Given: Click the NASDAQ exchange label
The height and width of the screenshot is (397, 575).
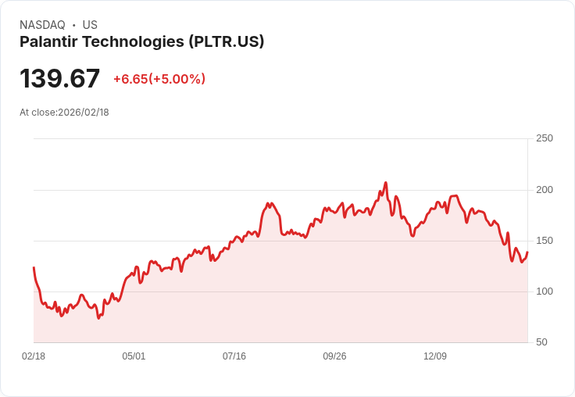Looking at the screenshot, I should tap(42, 25).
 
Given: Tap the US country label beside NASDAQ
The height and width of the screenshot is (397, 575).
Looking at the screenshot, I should tap(90, 25).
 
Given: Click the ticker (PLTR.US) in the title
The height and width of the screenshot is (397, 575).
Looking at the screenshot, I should tap(226, 41).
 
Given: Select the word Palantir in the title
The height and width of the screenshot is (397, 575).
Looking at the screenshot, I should tap(48, 41).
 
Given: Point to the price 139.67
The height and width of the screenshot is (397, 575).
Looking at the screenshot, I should tap(60, 79).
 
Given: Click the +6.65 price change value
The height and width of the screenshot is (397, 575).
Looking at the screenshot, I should tap(129, 79).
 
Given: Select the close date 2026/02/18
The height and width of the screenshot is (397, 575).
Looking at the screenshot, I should tap(84, 113).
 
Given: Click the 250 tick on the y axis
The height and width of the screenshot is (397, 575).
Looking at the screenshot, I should tap(545, 138).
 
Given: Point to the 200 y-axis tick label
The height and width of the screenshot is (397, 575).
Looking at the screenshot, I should tap(545, 190).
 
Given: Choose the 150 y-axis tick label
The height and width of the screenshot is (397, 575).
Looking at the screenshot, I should tap(545, 241).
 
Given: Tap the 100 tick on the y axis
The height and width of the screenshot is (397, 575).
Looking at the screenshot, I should tap(545, 291).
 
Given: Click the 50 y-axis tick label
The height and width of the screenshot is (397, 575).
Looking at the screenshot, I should tap(541, 342).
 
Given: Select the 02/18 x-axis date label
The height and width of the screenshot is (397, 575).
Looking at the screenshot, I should tap(34, 356).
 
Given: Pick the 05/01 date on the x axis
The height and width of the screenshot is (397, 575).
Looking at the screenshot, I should tap(134, 356).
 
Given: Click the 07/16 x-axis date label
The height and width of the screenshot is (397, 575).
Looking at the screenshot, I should tap(234, 356).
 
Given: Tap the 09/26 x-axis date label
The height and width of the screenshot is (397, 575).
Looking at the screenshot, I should tap(334, 356).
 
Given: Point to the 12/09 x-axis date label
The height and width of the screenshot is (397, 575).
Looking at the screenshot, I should tap(435, 356).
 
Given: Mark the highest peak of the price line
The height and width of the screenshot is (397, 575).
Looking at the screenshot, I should tap(386, 183).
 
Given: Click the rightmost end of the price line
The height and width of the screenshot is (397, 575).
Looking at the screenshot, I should tap(527, 252).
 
